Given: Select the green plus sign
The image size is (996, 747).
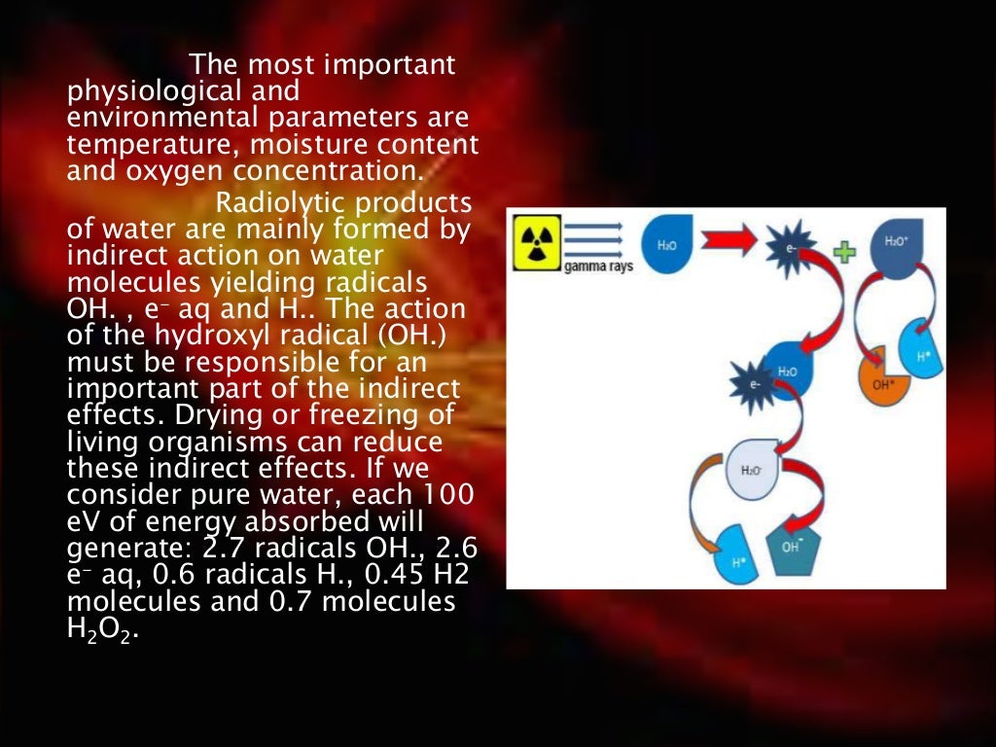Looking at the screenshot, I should pyautogui.click(x=844, y=251).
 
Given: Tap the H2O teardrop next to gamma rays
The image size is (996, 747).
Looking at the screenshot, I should pyautogui.click(x=668, y=244).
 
